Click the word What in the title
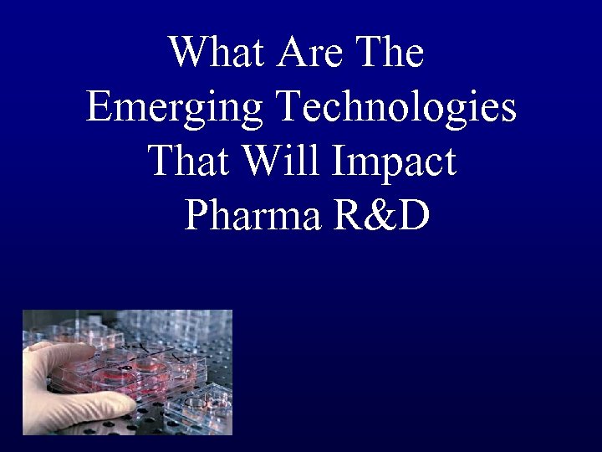pyautogui.click(x=216, y=54)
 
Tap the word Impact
pyautogui.click(x=395, y=162)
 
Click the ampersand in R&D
pyautogui.click(x=381, y=215)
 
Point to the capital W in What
pyautogui.click(x=187, y=54)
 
